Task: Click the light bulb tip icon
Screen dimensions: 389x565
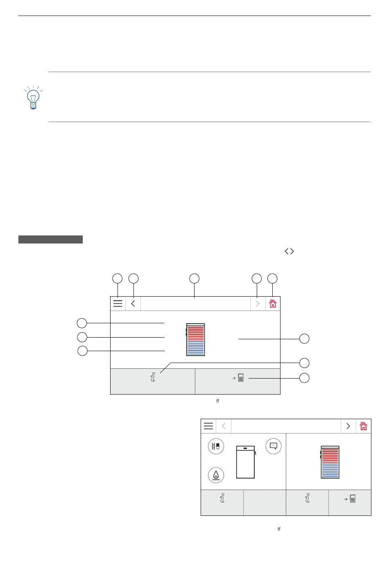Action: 33,97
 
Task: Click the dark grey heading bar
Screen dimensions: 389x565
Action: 50,239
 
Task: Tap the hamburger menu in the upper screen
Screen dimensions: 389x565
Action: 118,304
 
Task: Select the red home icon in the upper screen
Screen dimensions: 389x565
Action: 273,304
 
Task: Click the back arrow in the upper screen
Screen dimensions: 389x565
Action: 133,304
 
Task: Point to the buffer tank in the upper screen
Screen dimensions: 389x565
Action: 195,340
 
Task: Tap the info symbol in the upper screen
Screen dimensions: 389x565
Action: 153,377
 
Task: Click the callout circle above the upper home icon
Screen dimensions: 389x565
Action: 272,279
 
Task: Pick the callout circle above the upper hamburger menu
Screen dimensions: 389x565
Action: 117,279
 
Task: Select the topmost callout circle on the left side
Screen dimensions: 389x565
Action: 81,323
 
